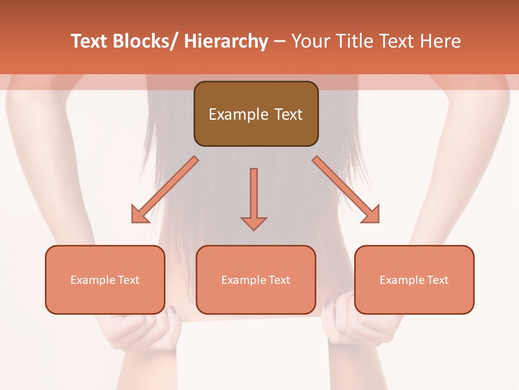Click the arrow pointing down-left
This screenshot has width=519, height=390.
click(165, 190)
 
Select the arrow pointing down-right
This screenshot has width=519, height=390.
click(346, 190)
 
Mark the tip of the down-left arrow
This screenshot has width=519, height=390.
click(133, 222)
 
